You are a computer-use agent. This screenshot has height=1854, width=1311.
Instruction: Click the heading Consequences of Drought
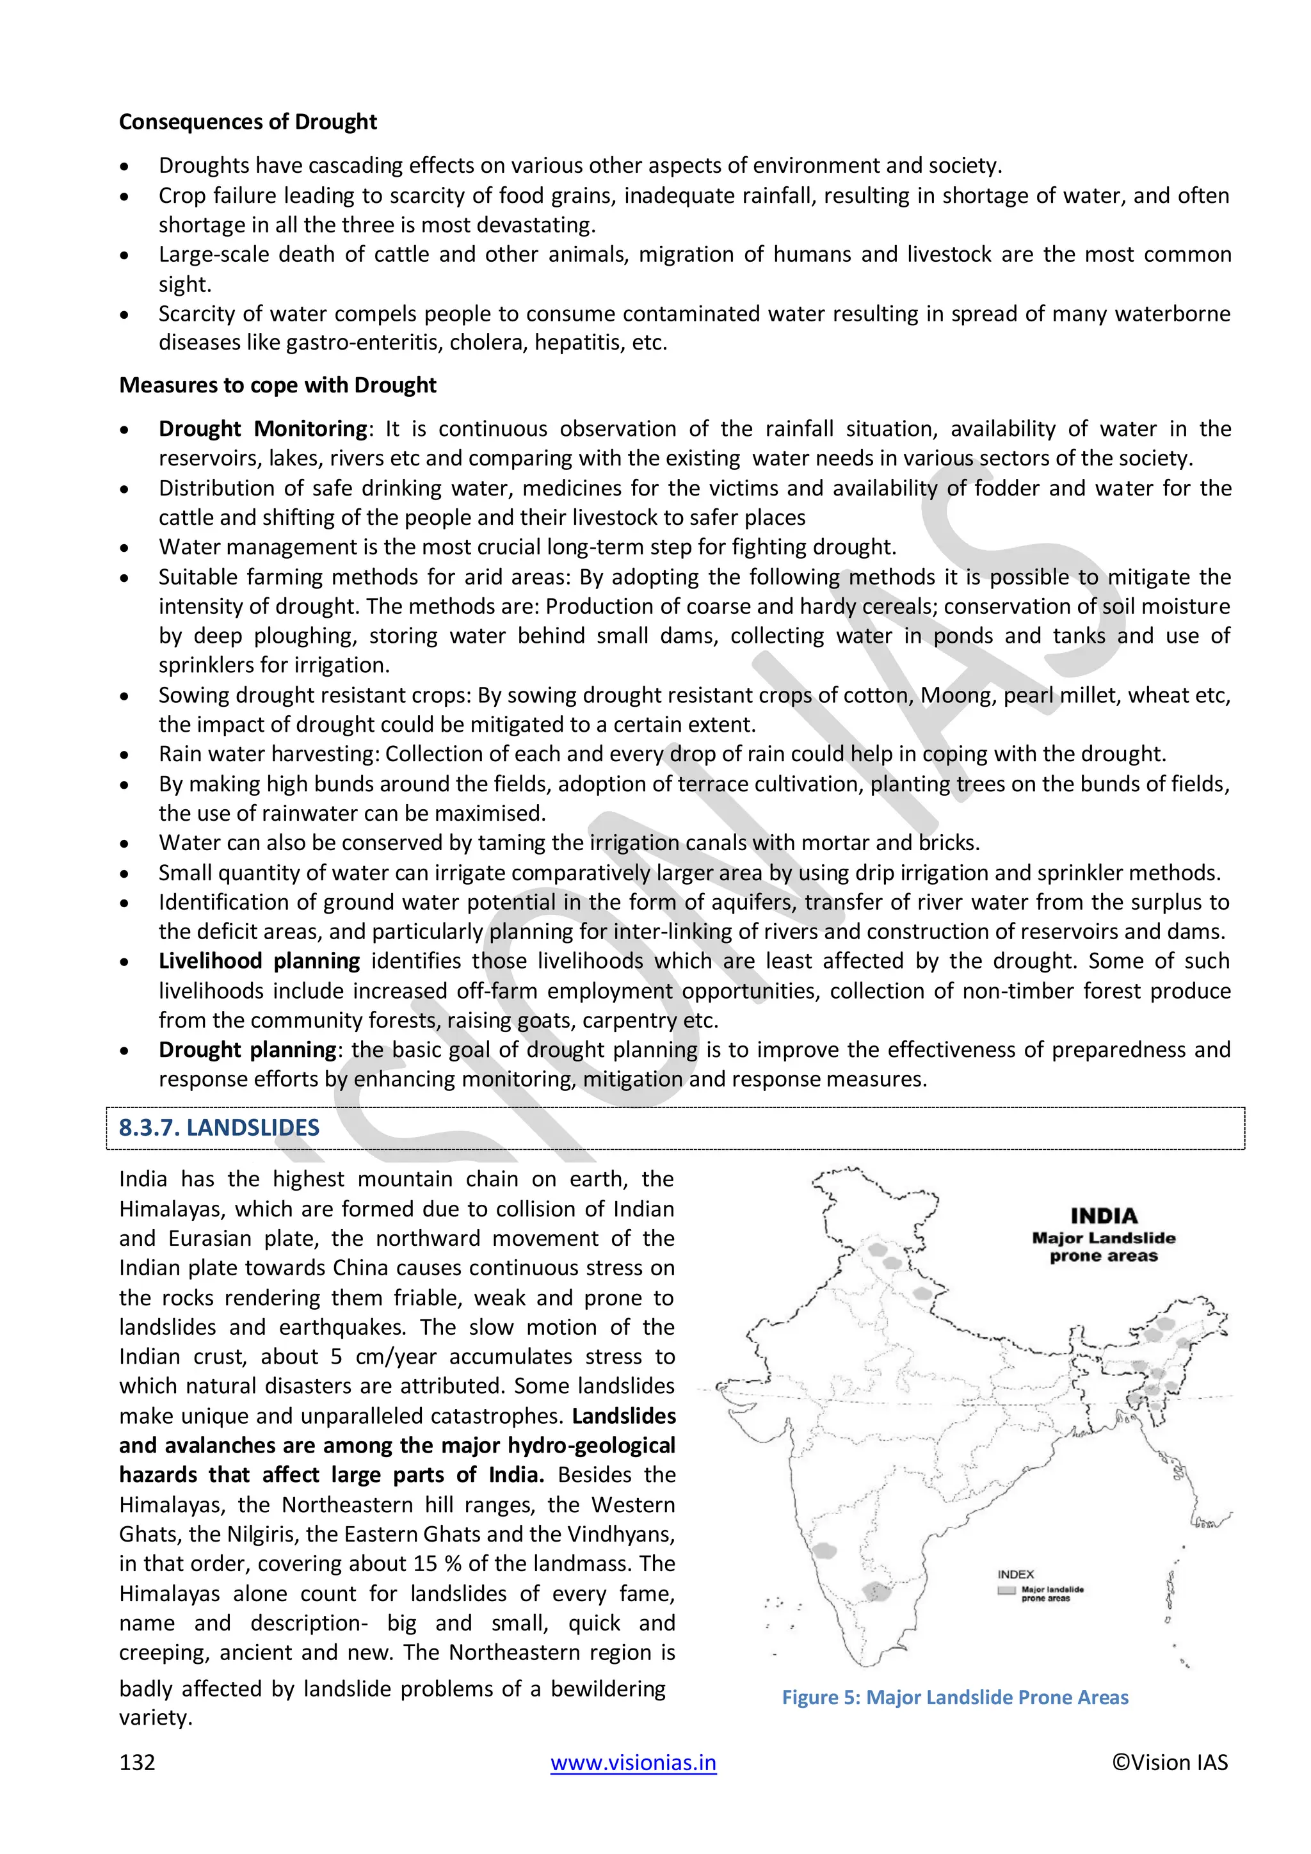point(247,122)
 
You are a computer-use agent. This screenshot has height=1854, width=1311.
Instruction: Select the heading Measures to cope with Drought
point(277,385)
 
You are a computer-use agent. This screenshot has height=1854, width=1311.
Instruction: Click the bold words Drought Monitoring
point(262,429)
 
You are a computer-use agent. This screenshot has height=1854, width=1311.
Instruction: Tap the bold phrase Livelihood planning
point(259,961)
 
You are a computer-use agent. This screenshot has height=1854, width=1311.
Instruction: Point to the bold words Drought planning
point(247,1050)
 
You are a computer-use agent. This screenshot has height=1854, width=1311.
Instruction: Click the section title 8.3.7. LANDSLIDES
point(219,1128)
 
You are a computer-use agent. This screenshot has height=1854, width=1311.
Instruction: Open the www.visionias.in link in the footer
point(633,1762)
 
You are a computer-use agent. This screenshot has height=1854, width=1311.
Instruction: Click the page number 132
point(136,1762)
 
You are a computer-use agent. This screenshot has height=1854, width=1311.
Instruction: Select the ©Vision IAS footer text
point(1169,1762)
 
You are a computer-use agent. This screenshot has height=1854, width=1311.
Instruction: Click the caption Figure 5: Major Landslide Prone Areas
point(954,1697)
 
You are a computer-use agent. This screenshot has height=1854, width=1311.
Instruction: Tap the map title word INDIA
point(1104,1216)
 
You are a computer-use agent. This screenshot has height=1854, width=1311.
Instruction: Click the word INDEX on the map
point(1015,1575)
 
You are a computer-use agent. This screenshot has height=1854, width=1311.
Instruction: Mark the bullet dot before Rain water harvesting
point(124,755)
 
